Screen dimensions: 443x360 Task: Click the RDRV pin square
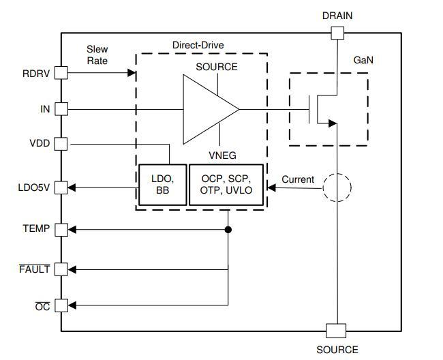click(61, 73)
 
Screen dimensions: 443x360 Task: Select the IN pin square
click(61, 109)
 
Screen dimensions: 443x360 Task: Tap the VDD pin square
click(61, 144)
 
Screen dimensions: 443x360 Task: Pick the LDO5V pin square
click(61, 187)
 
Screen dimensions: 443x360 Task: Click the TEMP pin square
click(61, 230)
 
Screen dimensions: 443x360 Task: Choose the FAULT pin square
click(61, 269)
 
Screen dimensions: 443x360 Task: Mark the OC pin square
click(61, 305)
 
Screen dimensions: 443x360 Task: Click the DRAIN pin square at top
click(337, 33)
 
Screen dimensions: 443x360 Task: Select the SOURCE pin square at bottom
click(336, 331)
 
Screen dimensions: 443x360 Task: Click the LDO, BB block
click(163, 185)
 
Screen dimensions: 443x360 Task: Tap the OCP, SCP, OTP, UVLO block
click(226, 185)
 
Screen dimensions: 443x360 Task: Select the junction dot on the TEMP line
click(228, 230)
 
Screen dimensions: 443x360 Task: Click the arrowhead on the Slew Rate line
click(132, 73)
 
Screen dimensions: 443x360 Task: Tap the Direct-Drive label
click(198, 45)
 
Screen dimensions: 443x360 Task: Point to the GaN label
click(363, 60)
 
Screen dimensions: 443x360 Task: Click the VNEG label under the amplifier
click(222, 155)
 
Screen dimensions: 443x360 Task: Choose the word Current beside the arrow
click(298, 179)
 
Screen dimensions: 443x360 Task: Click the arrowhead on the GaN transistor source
click(333, 123)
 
